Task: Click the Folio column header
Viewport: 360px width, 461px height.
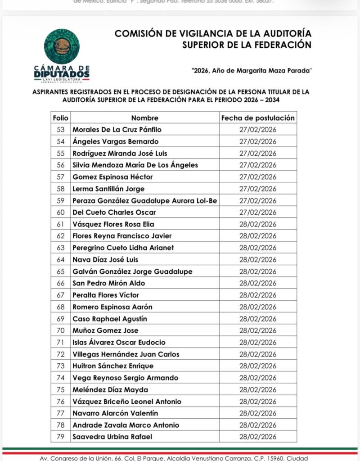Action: pyautogui.click(x=60, y=118)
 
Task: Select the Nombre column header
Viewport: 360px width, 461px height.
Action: pyautogui.click(x=144, y=118)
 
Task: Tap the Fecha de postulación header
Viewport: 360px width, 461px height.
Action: pyautogui.click(x=258, y=118)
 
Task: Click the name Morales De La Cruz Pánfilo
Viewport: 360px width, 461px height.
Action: pyautogui.click(x=117, y=130)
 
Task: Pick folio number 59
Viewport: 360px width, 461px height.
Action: pyautogui.click(x=60, y=200)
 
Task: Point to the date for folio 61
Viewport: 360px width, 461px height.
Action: pyautogui.click(x=258, y=224)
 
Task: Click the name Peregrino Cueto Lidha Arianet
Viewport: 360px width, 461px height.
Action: pyautogui.click(x=123, y=248)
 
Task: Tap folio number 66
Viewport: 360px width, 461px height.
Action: pyautogui.click(x=60, y=283)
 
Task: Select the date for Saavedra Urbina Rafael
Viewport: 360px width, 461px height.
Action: pyautogui.click(x=258, y=437)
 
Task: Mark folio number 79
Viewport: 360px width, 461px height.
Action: pyautogui.click(x=60, y=437)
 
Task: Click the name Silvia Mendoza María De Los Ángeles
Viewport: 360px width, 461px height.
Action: pyautogui.click(x=135, y=165)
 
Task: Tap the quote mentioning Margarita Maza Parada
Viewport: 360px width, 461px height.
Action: pyautogui.click(x=252, y=71)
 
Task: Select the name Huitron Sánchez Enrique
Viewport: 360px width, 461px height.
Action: pyautogui.click(x=113, y=366)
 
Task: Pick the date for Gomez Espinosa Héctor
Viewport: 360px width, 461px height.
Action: pyautogui.click(x=258, y=177)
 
